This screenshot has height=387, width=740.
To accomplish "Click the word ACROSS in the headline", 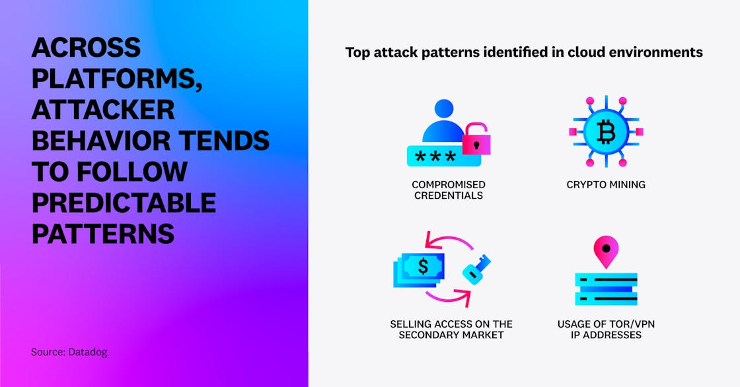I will pos(86,48).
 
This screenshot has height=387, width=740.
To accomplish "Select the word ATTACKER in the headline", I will pos(103,109).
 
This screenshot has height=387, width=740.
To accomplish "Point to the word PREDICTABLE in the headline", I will pos(124,202).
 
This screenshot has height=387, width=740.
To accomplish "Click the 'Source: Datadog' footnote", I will pos(69,352).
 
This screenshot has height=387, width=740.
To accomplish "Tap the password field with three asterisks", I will pos(443,157).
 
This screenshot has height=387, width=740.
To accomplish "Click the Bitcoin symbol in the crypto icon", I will pos(606,132).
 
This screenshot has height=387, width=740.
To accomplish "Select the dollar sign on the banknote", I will pos(423,266).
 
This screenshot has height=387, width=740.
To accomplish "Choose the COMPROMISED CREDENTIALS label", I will pos(448,190).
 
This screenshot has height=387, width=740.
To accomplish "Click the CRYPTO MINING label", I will pos(606,184).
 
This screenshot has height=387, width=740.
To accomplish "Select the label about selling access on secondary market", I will pos(451,330).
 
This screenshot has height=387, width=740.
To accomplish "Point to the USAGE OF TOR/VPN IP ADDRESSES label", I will pos(606,330).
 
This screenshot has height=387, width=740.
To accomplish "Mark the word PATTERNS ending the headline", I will pos(103,233).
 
